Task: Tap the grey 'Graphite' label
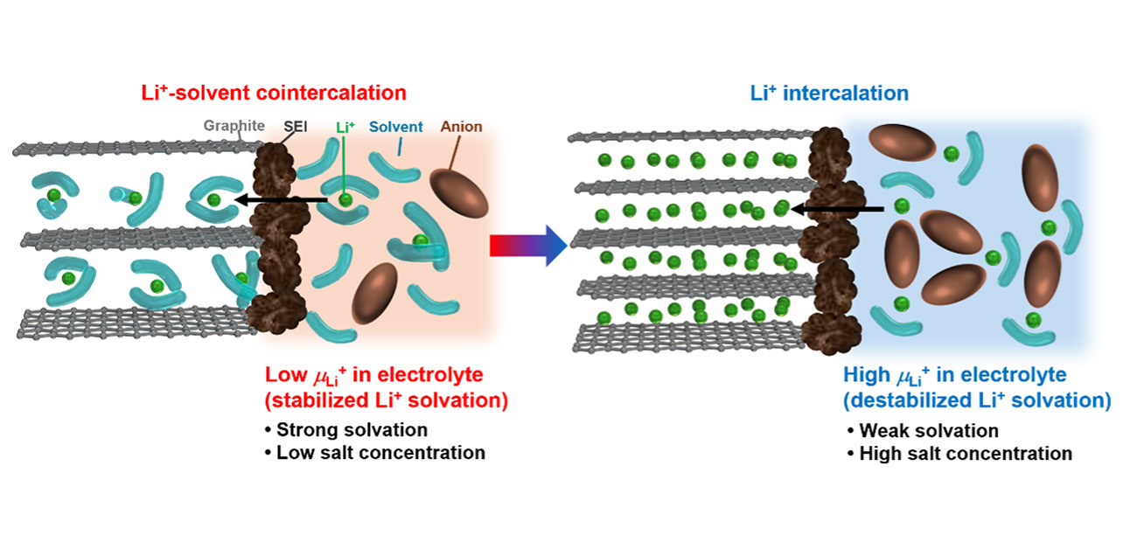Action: [x=234, y=126]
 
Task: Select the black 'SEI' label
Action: [x=295, y=127]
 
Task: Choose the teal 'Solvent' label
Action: [x=395, y=127]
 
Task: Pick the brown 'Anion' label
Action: [x=461, y=127]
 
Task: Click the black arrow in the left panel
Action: [x=280, y=200]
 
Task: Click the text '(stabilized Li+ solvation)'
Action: [x=386, y=400]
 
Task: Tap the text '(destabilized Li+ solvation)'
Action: [x=977, y=400]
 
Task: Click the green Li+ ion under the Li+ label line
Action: [x=345, y=201]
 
